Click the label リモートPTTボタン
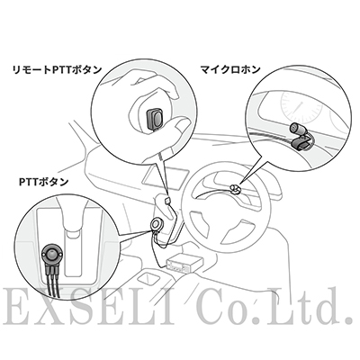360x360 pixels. click(x=57, y=70)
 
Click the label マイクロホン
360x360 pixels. click(x=230, y=70)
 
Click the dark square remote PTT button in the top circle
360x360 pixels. click(x=156, y=119)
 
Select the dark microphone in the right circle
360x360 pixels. click(x=297, y=129)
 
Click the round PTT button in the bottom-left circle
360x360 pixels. click(x=52, y=254)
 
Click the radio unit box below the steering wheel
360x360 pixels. click(x=183, y=264)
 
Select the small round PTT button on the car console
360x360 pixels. click(x=156, y=224)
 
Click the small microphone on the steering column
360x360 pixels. click(x=235, y=189)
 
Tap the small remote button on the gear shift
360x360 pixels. click(x=167, y=201)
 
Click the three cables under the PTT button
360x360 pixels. click(x=53, y=279)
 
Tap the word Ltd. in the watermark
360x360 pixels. click(x=311, y=307)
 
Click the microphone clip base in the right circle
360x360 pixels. click(x=302, y=144)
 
